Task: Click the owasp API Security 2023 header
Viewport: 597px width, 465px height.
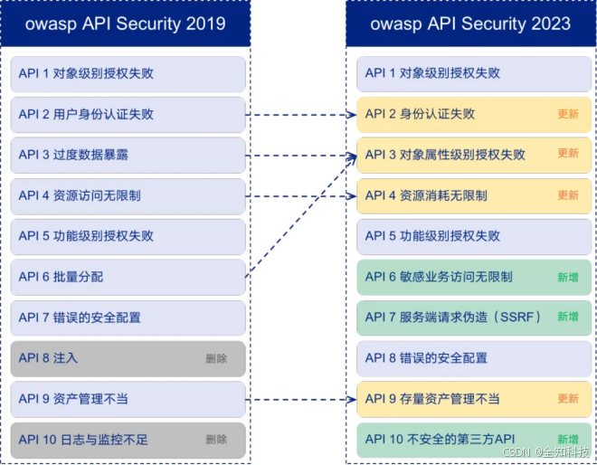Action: pos(469,24)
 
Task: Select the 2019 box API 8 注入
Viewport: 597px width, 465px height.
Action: pos(128,358)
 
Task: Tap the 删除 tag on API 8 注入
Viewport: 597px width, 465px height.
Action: pos(216,359)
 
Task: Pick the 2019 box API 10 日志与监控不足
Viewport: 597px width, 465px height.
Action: pos(128,440)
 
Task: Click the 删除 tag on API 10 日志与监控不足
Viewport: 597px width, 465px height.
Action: pos(216,440)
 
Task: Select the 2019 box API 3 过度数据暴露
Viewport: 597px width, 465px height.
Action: pos(128,155)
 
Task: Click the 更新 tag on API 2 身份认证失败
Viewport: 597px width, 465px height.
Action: pos(568,115)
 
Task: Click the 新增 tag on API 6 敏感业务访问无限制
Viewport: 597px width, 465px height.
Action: pos(568,278)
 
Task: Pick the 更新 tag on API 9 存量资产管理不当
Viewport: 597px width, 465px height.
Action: pos(568,399)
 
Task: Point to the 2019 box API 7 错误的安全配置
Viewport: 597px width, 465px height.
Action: pos(128,318)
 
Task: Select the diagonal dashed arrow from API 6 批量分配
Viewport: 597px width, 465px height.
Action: pos(298,217)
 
